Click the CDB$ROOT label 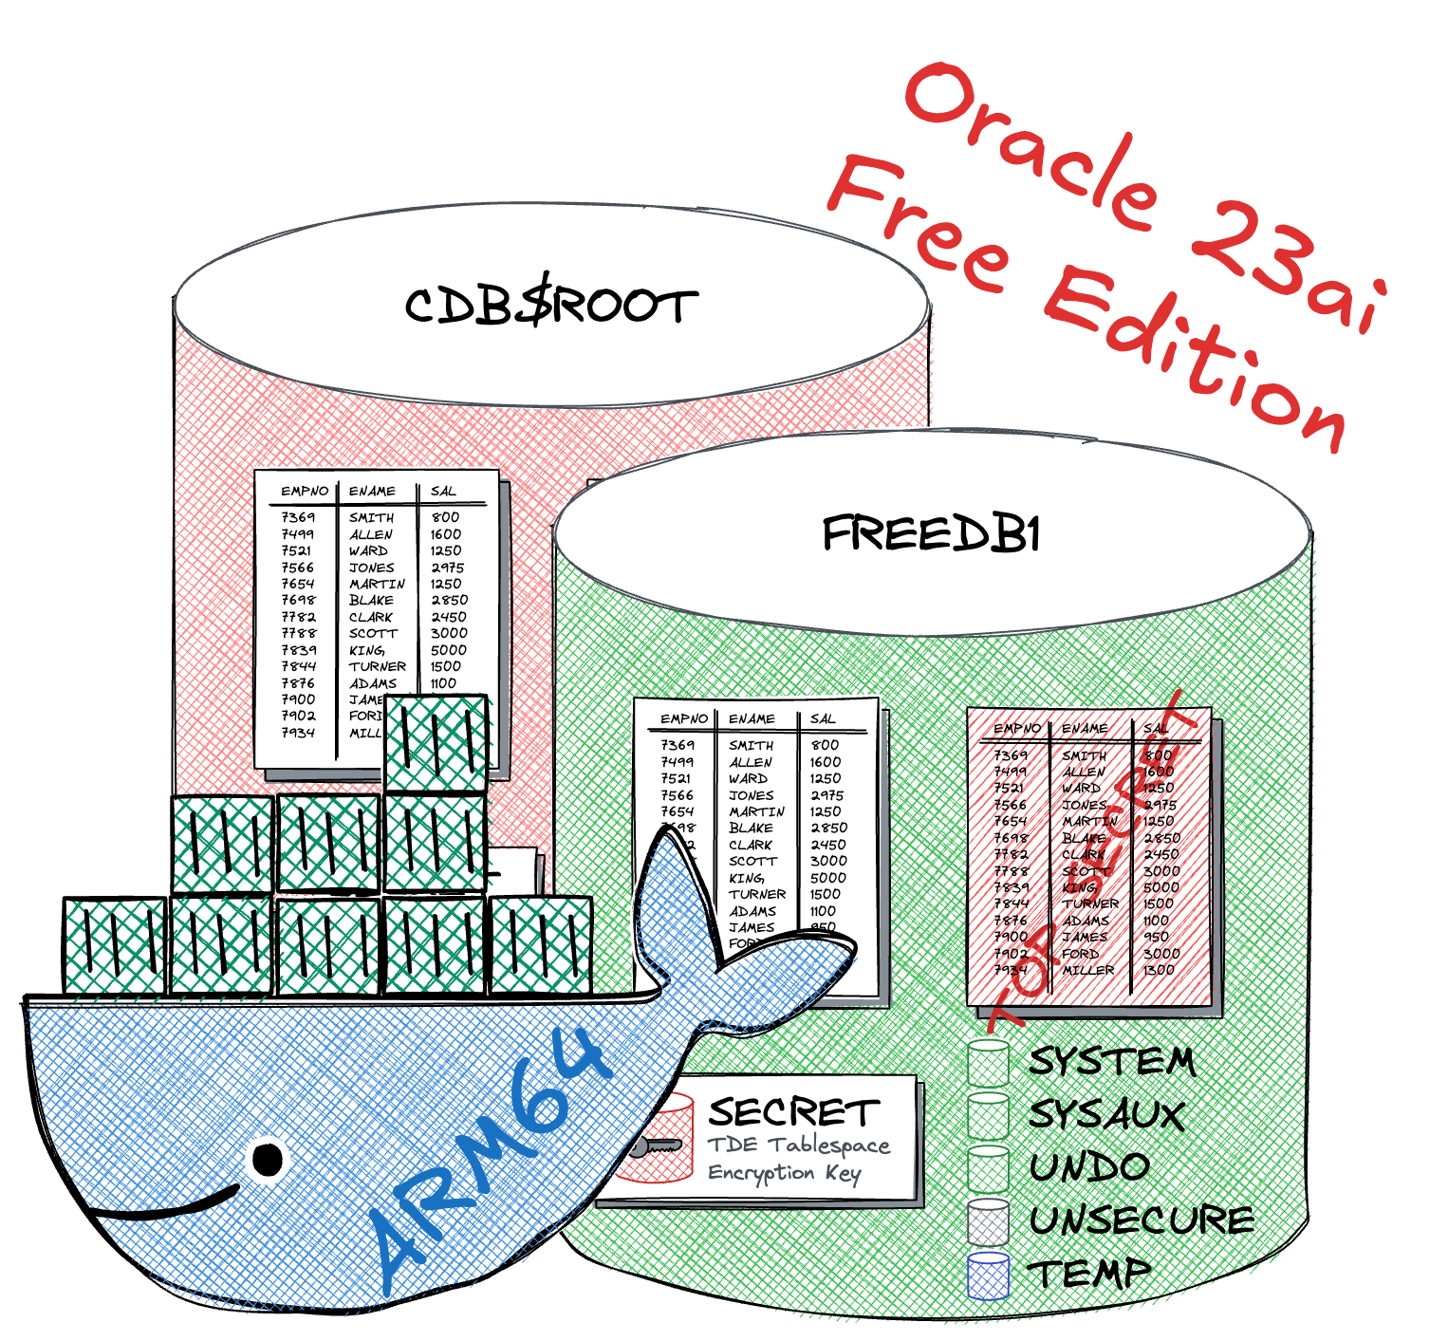coord(550,306)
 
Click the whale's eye coord(268,1159)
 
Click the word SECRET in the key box coord(793,1112)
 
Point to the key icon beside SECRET coord(655,1146)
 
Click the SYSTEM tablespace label coord(1112,1062)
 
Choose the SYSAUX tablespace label coord(1107,1115)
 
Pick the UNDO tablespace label coord(1089,1167)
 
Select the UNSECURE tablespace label coord(1142,1220)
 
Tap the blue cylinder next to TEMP coord(988,1276)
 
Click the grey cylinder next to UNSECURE coord(988,1222)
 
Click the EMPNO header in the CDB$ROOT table coord(304,491)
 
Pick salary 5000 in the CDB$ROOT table coord(448,650)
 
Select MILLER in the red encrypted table coord(1087,970)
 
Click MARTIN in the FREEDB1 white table coord(756,811)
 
